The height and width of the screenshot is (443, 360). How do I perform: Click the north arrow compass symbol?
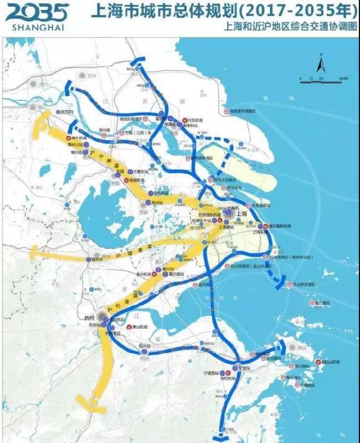[x=321, y=63]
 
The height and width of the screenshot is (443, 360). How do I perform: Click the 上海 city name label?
[x=241, y=213]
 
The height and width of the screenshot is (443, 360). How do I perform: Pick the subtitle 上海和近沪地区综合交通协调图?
[x=292, y=27]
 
